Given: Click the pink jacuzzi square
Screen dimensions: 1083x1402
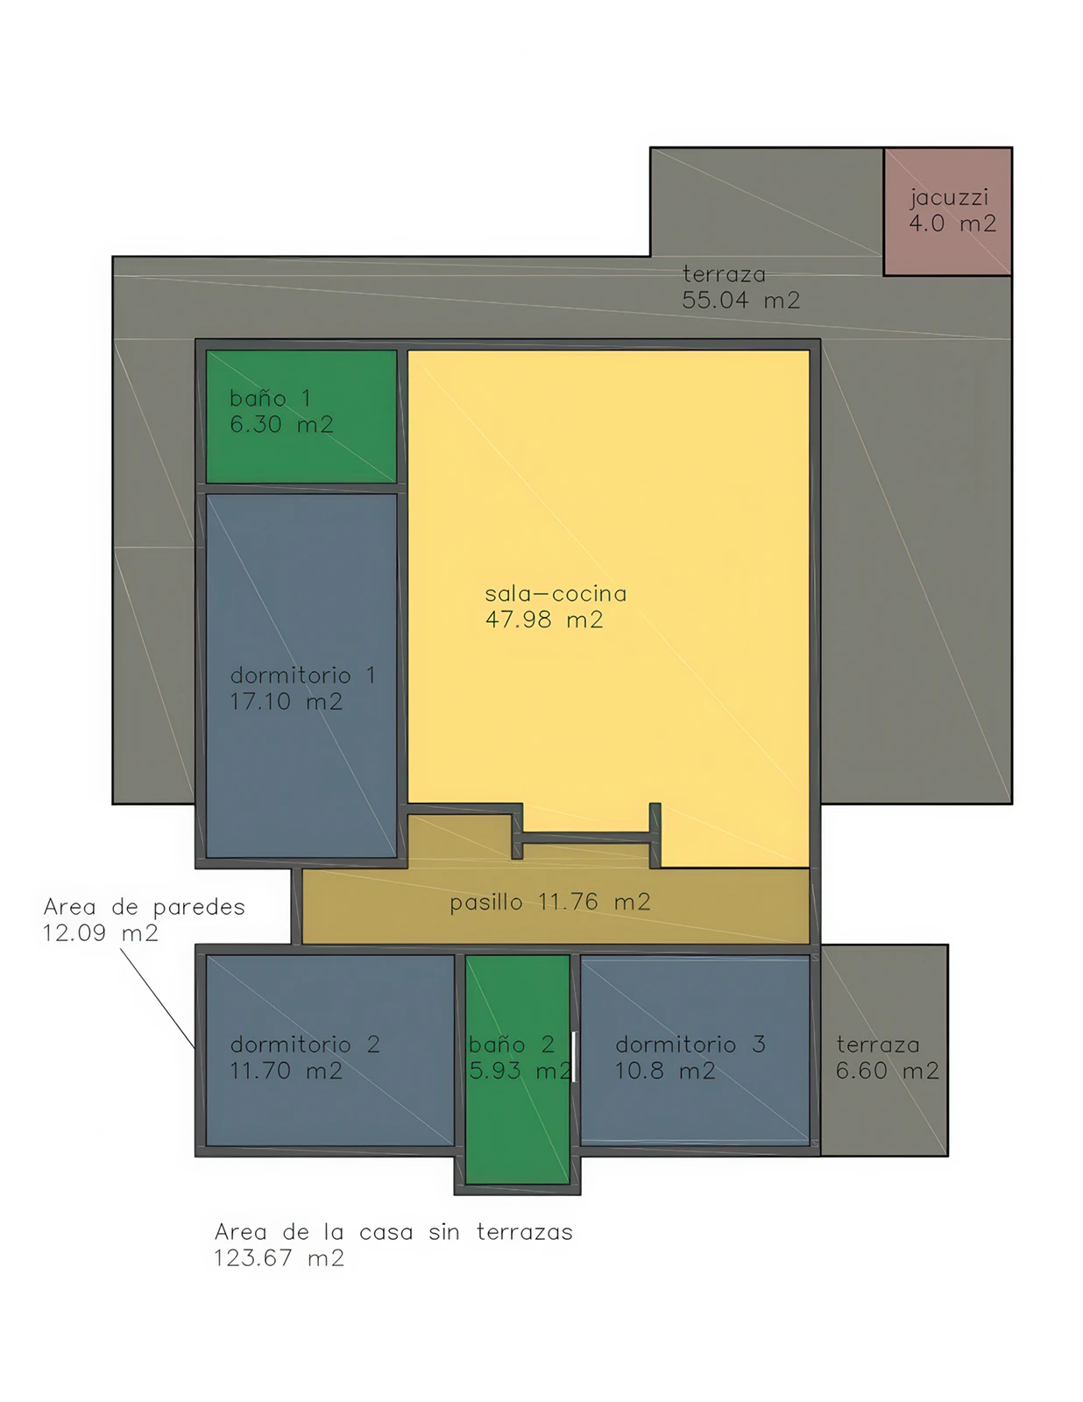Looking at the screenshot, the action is (947, 212).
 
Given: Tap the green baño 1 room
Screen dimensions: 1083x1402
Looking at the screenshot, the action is (301, 416).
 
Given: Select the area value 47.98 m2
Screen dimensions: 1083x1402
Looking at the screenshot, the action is (544, 620).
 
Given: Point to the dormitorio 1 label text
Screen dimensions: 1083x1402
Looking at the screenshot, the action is (302, 676).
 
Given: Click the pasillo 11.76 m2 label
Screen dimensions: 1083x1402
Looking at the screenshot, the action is (549, 902).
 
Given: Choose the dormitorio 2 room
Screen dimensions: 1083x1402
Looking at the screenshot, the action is (330, 1051).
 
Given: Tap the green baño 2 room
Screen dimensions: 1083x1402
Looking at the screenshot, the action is (517, 1069).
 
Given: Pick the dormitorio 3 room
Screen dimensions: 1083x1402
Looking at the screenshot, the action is (696, 1051).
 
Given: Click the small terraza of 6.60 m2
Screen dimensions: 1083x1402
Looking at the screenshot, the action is (884, 1051).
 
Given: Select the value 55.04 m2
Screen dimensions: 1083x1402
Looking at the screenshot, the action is (741, 300).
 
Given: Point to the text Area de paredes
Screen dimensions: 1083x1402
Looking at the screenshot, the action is (144, 907).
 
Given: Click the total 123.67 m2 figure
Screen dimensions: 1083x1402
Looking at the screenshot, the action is (279, 1258).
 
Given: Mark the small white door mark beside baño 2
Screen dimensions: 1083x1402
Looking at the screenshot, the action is (573, 1056).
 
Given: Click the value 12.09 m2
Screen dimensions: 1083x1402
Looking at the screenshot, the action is (100, 933).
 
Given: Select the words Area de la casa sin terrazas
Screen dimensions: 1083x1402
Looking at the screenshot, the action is (393, 1232).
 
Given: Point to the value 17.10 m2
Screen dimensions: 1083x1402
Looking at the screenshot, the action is (287, 701).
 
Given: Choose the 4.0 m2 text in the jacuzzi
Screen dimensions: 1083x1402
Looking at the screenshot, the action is (952, 223).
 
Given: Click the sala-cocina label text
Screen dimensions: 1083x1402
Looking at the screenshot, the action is (556, 593).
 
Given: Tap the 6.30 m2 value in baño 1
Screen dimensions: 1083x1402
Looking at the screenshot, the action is (281, 424).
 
